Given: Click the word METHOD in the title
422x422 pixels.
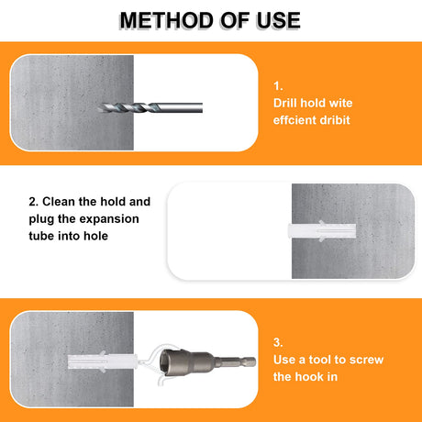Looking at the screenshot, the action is (167, 20).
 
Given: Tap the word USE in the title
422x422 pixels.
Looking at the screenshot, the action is (278, 20).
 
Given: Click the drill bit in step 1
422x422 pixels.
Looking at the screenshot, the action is (150, 107).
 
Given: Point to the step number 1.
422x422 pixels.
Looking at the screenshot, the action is (278, 86).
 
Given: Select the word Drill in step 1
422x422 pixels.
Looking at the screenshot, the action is (285, 103).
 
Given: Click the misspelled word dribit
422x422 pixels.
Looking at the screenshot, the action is (335, 120).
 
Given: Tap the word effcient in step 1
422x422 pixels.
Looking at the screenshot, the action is (294, 120).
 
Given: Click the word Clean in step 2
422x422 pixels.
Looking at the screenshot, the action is (59, 202).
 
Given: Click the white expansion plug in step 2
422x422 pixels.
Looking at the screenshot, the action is (322, 231).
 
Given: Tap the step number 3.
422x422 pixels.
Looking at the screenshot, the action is (278, 342).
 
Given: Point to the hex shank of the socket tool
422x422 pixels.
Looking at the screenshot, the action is (236, 361).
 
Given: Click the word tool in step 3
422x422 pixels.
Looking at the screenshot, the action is (319, 360).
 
